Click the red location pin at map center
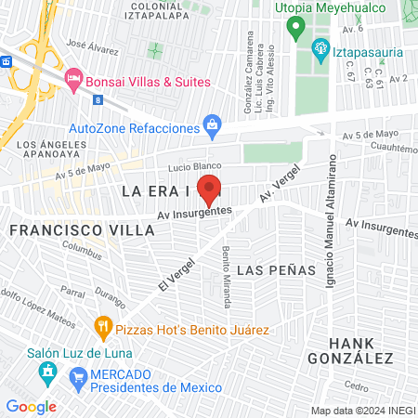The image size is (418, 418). point(209,189)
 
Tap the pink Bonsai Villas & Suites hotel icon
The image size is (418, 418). point(74,80)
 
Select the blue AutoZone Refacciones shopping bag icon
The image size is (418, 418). point(213,124)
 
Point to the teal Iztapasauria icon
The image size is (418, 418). point(320,46)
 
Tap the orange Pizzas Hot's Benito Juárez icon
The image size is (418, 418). point(102,326)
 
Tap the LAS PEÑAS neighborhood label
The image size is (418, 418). point(277,270)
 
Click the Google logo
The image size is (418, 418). point(31,406)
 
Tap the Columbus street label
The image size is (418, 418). point(81,249)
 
